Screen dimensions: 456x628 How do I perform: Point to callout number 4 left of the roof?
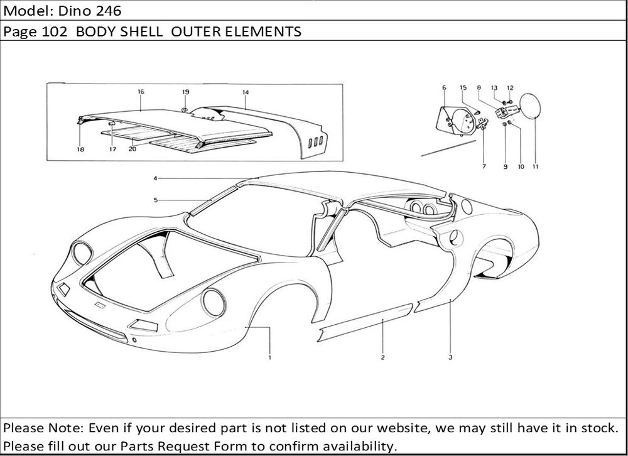point(154,178)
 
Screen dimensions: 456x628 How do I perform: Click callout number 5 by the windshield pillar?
point(154,200)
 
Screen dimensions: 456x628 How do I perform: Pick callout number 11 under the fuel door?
point(535,167)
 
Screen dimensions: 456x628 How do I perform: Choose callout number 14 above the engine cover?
point(246,92)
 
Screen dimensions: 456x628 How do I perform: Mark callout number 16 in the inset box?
point(141,92)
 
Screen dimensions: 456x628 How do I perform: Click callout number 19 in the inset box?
point(185,92)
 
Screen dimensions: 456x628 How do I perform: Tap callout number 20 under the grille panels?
point(133,149)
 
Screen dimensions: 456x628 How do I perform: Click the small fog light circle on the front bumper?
point(135,340)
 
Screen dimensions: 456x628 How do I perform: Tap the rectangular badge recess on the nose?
point(99,305)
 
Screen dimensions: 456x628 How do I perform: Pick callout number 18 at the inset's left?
point(80,149)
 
